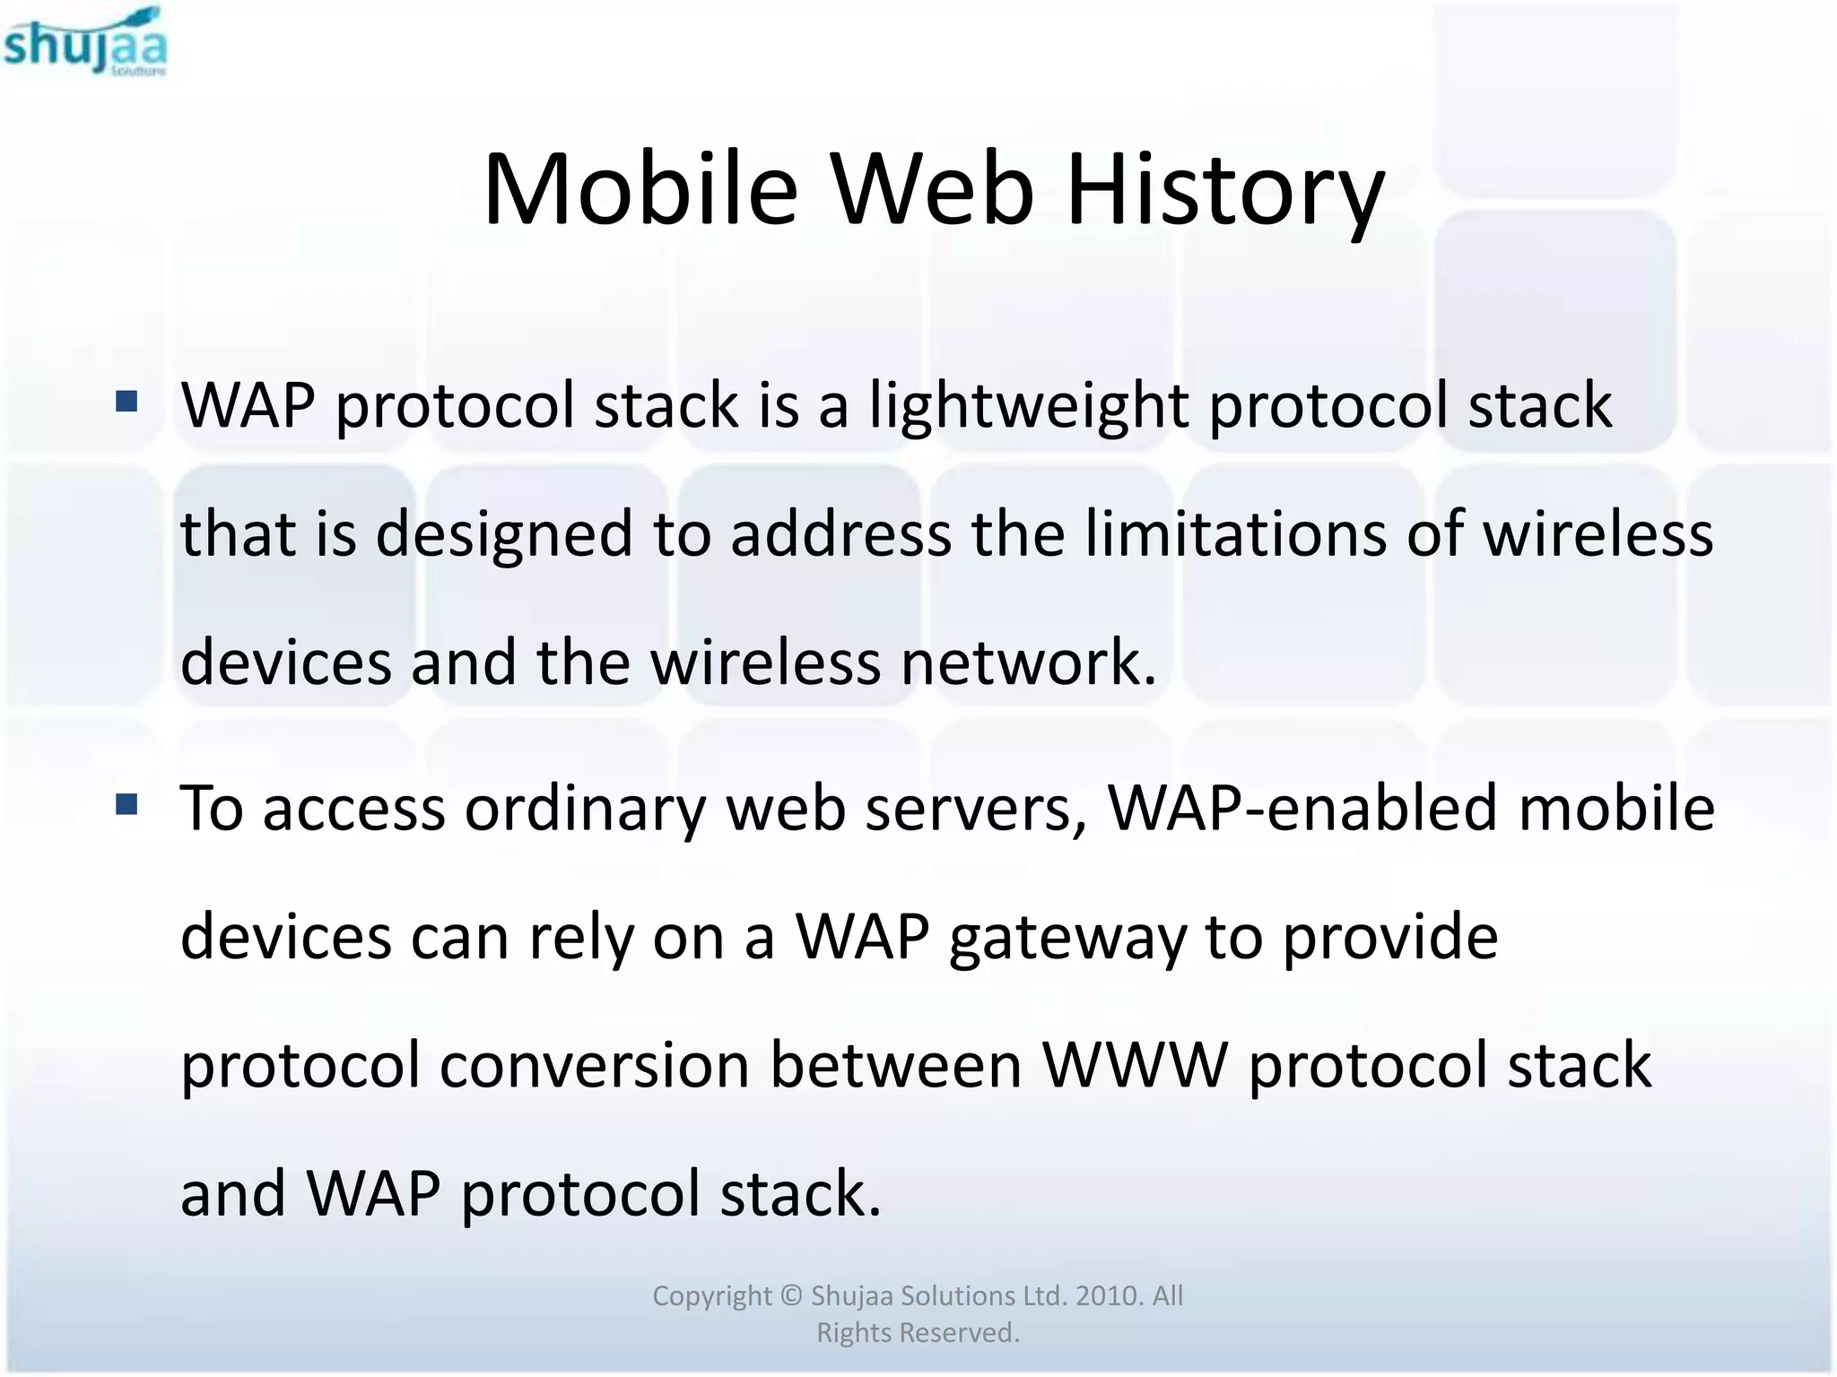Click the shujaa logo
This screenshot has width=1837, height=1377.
click(84, 43)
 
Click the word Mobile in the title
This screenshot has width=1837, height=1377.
click(640, 190)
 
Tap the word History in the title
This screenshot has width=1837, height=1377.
click(1225, 190)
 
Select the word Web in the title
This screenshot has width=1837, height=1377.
click(932, 190)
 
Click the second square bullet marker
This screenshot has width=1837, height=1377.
click(126, 804)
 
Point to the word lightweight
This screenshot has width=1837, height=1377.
click(1028, 405)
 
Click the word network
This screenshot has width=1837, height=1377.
click(1028, 662)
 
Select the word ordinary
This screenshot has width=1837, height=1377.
click(585, 809)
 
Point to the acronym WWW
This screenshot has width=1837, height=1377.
click(1134, 1065)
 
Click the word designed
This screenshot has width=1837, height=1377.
click(503, 535)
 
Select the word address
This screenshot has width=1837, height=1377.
click(840, 533)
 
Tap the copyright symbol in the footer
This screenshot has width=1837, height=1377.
click(790, 1295)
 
